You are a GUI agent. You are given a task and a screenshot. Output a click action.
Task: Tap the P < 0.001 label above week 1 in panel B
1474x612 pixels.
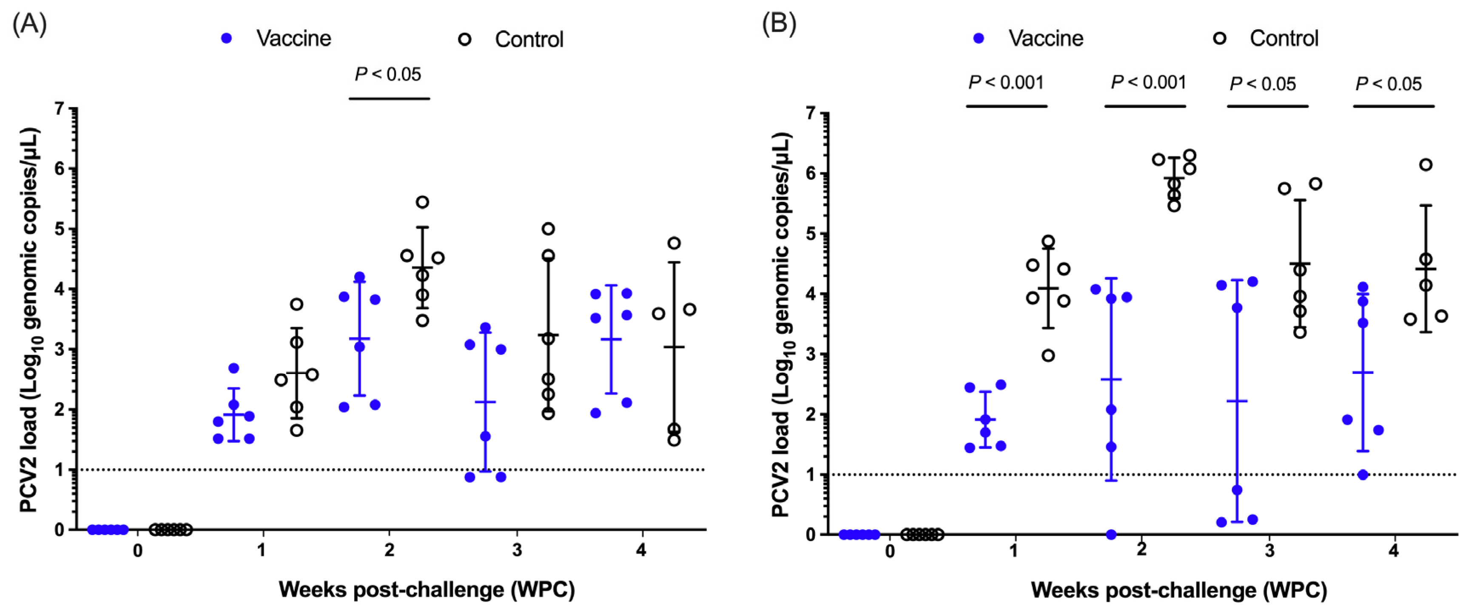click(x=1006, y=83)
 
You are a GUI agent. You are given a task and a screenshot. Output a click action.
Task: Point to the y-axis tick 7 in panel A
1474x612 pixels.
click(x=60, y=109)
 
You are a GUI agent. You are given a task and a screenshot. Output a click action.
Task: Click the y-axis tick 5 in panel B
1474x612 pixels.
click(x=810, y=234)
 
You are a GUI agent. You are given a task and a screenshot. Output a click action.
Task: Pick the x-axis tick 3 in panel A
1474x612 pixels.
click(x=517, y=550)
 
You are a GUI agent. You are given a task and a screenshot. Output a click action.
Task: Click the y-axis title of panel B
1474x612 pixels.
click(x=782, y=325)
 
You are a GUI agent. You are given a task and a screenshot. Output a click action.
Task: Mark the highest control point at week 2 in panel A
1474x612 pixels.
click(x=422, y=202)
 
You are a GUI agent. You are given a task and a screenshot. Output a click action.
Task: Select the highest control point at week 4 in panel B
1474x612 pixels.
click(x=1426, y=165)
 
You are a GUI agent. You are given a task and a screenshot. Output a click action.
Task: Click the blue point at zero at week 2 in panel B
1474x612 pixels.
click(x=1111, y=534)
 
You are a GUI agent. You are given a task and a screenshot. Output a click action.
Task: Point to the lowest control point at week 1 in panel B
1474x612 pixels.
click(x=1048, y=356)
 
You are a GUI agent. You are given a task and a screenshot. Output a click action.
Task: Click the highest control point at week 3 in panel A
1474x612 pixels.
click(x=548, y=229)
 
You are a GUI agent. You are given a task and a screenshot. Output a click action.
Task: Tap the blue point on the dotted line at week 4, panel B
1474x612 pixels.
click(x=1363, y=475)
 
